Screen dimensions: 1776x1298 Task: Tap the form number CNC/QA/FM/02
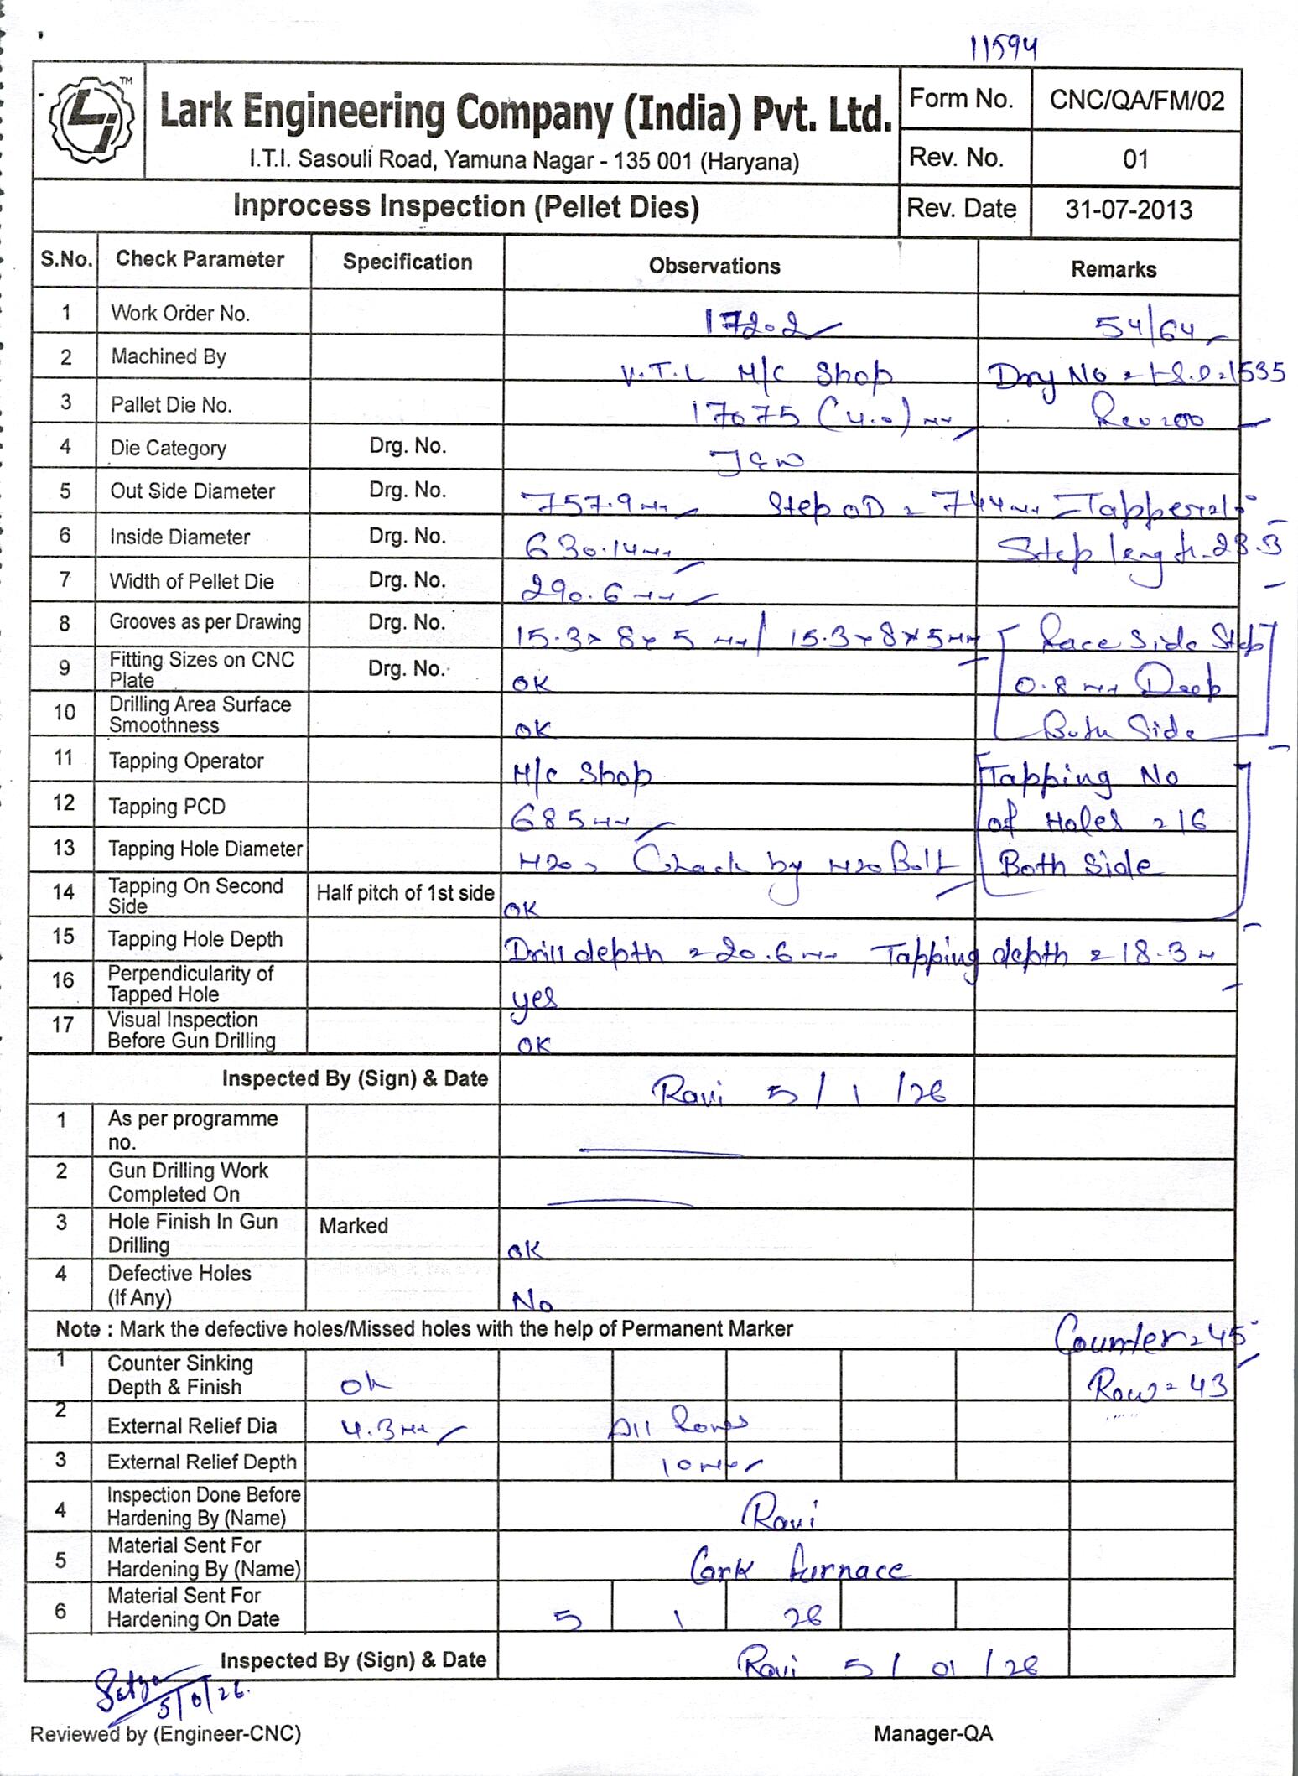point(1136,101)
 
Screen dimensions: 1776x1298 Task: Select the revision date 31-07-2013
point(1129,210)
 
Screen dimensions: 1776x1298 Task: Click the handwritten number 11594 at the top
point(1004,49)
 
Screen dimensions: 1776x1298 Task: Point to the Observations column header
point(714,267)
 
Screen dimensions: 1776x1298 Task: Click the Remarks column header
point(1114,269)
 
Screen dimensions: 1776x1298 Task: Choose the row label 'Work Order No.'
point(180,314)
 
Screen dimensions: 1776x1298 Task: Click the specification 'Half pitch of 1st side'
point(405,893)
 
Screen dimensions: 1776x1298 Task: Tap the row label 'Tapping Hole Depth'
point(195,939)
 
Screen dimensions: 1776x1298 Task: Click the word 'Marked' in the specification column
point(354,1226)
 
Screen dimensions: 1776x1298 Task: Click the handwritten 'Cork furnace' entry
point(797,1569)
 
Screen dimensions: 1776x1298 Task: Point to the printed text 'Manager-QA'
point(932,1733)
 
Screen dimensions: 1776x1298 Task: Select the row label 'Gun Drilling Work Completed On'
point(188,1182)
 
